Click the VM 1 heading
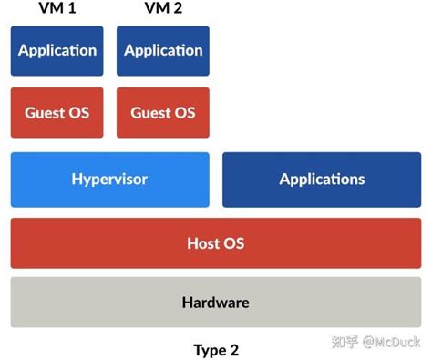tap(57, 9)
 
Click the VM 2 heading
tap(162, 9)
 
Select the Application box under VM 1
tap(57, 50)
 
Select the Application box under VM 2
tap(162, 50)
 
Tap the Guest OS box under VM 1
tap(57, 113)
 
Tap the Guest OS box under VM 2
tap(162, 113)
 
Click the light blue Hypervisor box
tap(109, 179)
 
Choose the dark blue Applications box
tap(322, 179)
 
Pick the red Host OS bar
tap(216, 243)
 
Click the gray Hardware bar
tap(216, 302)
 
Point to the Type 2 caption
tap(216, 349)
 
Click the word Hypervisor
tap(109, 179)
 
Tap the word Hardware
tap(216, 302)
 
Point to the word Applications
tap(322, 179)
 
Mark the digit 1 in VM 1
tap(73, 9)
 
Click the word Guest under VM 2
tap(151, 113)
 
